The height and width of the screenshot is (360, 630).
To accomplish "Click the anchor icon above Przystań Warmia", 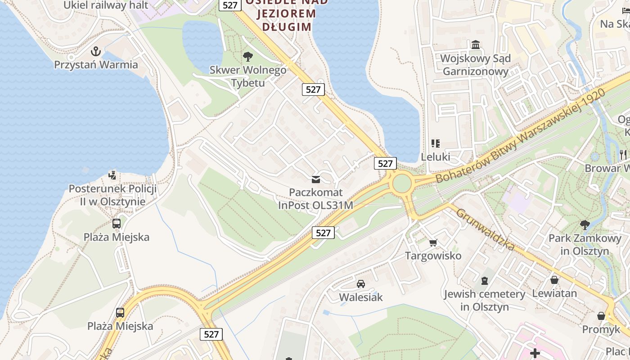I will (95, 51).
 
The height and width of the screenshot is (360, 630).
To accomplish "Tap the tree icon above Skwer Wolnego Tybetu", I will (247, 56).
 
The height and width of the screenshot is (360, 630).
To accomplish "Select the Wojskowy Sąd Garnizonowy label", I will (476, 65).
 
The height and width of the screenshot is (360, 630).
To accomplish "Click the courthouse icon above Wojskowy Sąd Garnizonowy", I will (476, 45).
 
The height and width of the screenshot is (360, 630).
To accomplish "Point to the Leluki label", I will (435, 157).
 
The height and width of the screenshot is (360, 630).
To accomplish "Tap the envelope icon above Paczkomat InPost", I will (316, 180).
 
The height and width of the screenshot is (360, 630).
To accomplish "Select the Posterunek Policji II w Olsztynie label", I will (112, 195).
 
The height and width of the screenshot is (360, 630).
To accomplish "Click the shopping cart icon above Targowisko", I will (433, 243).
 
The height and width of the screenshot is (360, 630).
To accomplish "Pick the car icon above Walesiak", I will (360, 284).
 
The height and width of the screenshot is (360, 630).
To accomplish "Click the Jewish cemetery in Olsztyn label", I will (484, 301).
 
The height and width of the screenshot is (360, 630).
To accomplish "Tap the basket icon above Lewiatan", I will (554, 280).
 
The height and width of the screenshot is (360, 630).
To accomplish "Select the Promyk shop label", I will (601, 329).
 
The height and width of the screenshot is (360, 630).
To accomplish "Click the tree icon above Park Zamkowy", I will (585, 225).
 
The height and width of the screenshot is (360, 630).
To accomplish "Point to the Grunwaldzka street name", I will (486, 230).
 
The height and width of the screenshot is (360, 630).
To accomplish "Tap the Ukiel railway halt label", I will (106, 5).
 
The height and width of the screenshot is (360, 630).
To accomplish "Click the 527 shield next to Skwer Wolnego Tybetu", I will (313, 89).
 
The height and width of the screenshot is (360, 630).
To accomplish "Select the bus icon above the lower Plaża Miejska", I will (120, 313).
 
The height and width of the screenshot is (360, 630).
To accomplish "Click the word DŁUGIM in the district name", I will (287, 27).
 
